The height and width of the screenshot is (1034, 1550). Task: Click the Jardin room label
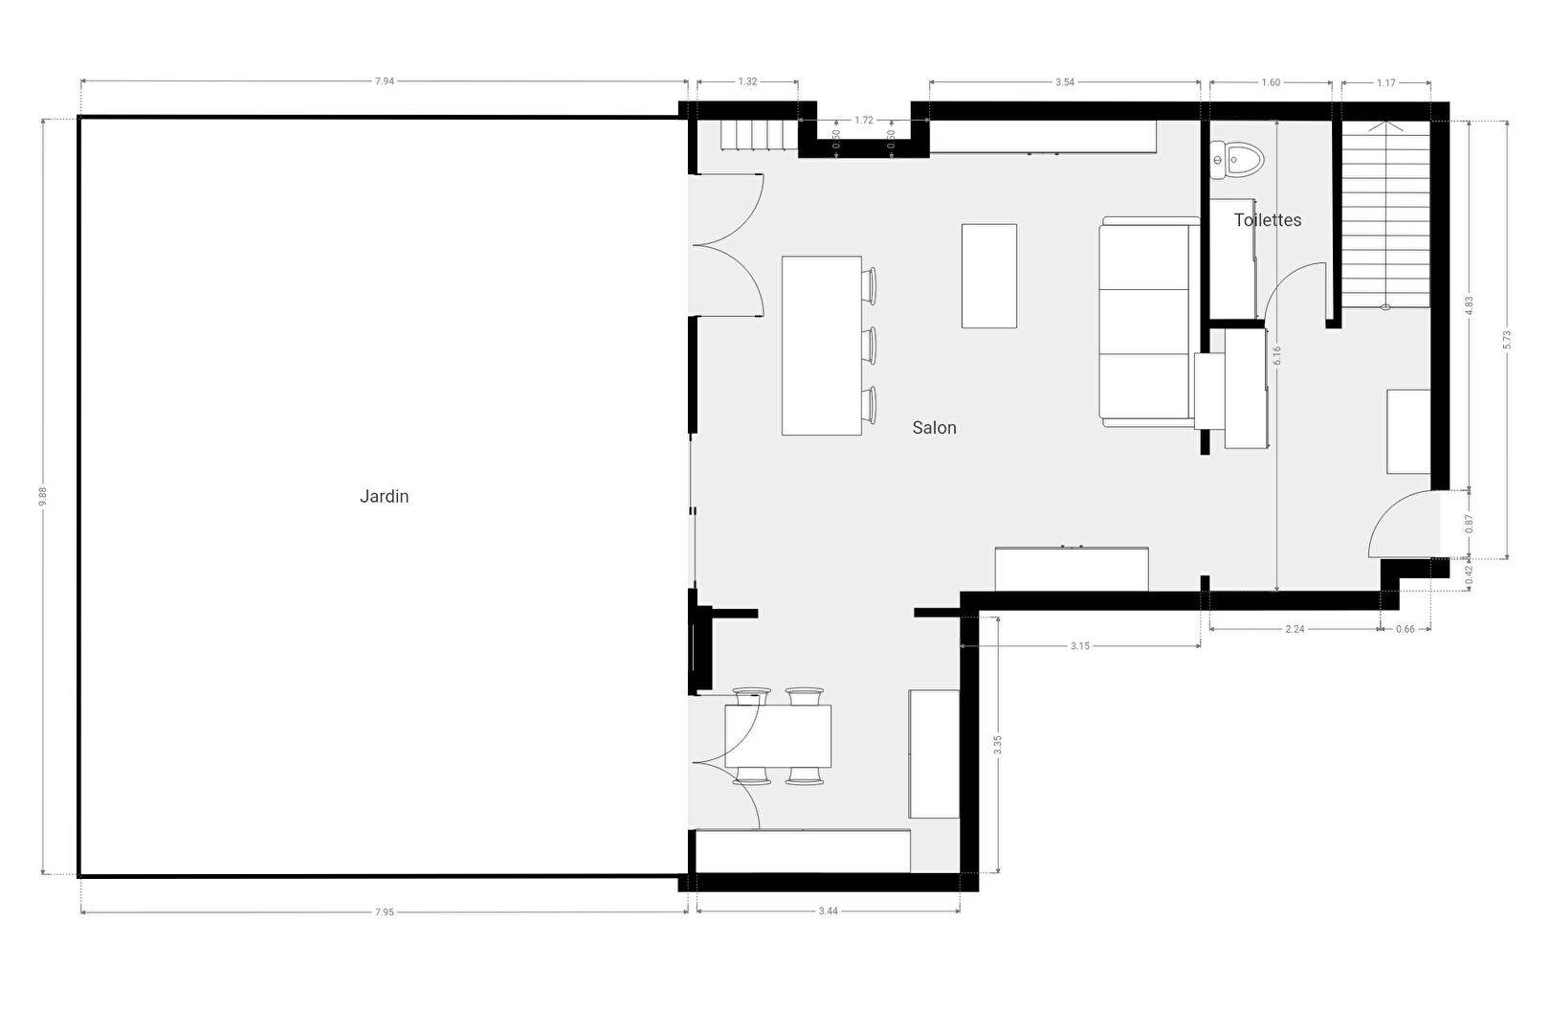coord(384,497)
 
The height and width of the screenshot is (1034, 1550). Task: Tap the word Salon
coord(934,428)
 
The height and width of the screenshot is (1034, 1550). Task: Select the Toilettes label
coord(1268,220)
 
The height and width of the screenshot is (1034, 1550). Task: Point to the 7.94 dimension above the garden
coord(385,81)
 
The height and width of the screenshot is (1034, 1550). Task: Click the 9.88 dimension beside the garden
coord(43,496)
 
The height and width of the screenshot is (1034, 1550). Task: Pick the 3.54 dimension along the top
coord(1065,82)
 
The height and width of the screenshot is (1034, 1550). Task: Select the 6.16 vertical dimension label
coord(1276,356)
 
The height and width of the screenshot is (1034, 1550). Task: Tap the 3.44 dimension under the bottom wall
coord(829,911)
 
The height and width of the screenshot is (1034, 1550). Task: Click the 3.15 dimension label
coord(1080,646)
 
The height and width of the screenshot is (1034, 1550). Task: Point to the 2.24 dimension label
coord(1295,629)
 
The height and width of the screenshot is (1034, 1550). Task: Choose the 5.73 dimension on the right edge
coord(1507,340)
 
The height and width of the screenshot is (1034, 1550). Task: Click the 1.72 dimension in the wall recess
coord(864,121)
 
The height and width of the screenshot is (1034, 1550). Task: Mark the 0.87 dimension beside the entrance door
coord(1469,524)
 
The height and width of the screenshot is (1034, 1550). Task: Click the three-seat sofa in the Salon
coord(1149,322)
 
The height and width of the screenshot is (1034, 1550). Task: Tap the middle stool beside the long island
coord(870,346)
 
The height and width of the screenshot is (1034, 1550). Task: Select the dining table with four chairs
coord(778,736)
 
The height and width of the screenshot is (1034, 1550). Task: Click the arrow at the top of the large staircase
coord(1386,126)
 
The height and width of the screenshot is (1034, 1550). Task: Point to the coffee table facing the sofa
coord(988,276)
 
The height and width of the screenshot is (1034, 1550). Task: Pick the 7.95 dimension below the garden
coord(385,912)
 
